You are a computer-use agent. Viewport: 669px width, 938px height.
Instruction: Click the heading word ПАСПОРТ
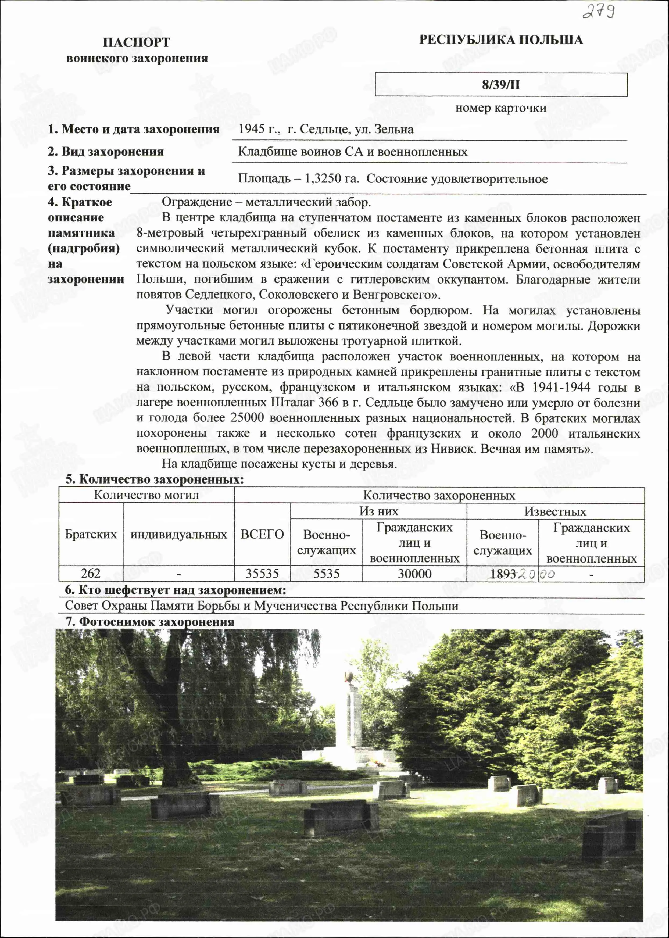[x=136, y=42]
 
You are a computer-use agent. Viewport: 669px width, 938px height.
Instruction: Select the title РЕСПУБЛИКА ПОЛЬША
[x=501, y=40]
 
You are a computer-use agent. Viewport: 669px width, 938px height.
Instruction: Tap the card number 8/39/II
[x=501, y=85]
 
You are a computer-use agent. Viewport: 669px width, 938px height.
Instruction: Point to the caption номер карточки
[x=501, y=108]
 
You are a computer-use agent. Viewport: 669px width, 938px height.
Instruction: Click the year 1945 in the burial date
[x=251, y=129]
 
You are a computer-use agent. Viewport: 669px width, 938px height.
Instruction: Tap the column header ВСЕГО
[x=262, y=534]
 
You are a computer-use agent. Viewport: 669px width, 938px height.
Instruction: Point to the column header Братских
[x=91, y=534]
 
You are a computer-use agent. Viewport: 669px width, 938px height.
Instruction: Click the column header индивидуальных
[x=178, y=534]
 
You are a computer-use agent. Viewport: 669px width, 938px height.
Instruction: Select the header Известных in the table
[x=555, y=512]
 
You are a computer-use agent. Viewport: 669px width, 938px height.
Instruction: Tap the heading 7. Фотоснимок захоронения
[x=150, y=622]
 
